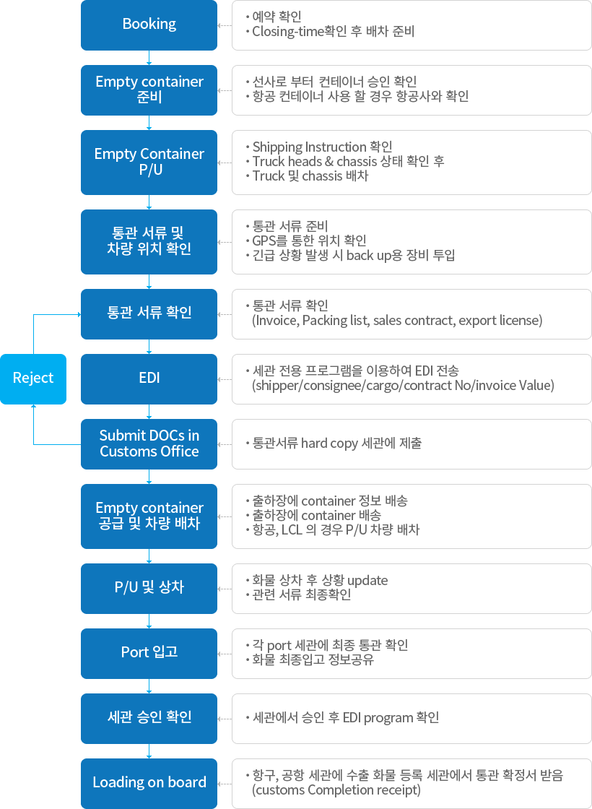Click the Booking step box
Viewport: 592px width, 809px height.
click(149, 25)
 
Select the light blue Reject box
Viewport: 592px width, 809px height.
click(33, 378)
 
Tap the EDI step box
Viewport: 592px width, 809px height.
click(149, 378)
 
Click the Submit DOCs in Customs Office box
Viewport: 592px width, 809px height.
click(149, 444)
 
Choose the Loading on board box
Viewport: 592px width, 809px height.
click(149, 783)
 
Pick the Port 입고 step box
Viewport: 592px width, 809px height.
click(149, 653)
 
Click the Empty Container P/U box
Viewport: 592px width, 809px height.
click(149, 162)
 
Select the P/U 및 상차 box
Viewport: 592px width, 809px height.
click(149, 588)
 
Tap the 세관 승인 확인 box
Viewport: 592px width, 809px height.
click(149, 718)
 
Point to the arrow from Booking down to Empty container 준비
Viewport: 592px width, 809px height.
click(149, 57)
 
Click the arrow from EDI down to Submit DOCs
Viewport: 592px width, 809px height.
click(149, 411)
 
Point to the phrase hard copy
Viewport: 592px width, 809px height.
click(329, 444)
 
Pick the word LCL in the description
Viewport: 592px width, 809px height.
click(292, 530)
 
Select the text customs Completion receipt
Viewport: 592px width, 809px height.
click(336, 790)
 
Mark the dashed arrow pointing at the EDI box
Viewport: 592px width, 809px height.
click(225, 379)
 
